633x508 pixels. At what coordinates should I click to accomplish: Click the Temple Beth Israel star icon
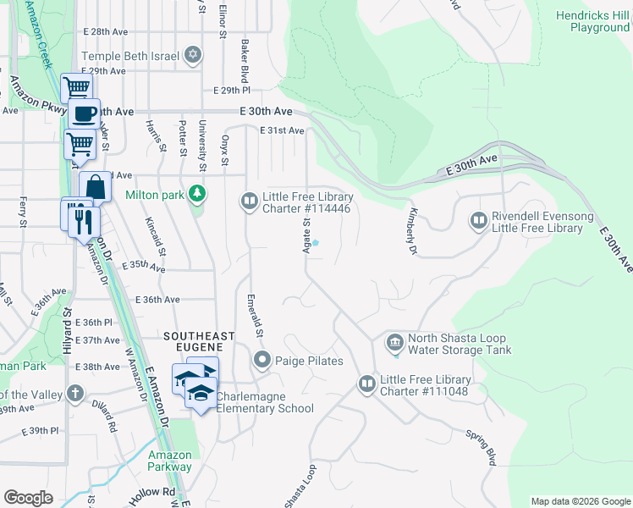tap(193, 56)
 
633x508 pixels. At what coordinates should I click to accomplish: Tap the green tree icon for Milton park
tap(197, 195)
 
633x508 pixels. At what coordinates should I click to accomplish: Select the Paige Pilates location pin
tap(262, 361)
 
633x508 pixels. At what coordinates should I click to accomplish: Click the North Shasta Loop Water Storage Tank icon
tap(394, 343)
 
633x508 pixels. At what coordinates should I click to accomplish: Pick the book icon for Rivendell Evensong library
tap(478, 222)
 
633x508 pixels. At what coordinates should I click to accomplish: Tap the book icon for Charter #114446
tap(250, 202)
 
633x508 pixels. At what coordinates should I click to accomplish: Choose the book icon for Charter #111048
tap(366, 384)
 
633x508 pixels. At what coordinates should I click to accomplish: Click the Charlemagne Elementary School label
tap(265, 402)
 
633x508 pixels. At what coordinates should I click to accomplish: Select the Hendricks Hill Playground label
tap(593, 22)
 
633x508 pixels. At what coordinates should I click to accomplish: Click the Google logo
tap(28, 498)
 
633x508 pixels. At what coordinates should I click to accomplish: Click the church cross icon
tap(75, 394)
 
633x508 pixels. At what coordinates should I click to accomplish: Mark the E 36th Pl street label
tap(93, 323)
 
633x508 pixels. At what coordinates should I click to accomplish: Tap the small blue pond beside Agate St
tap(316, 243)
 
